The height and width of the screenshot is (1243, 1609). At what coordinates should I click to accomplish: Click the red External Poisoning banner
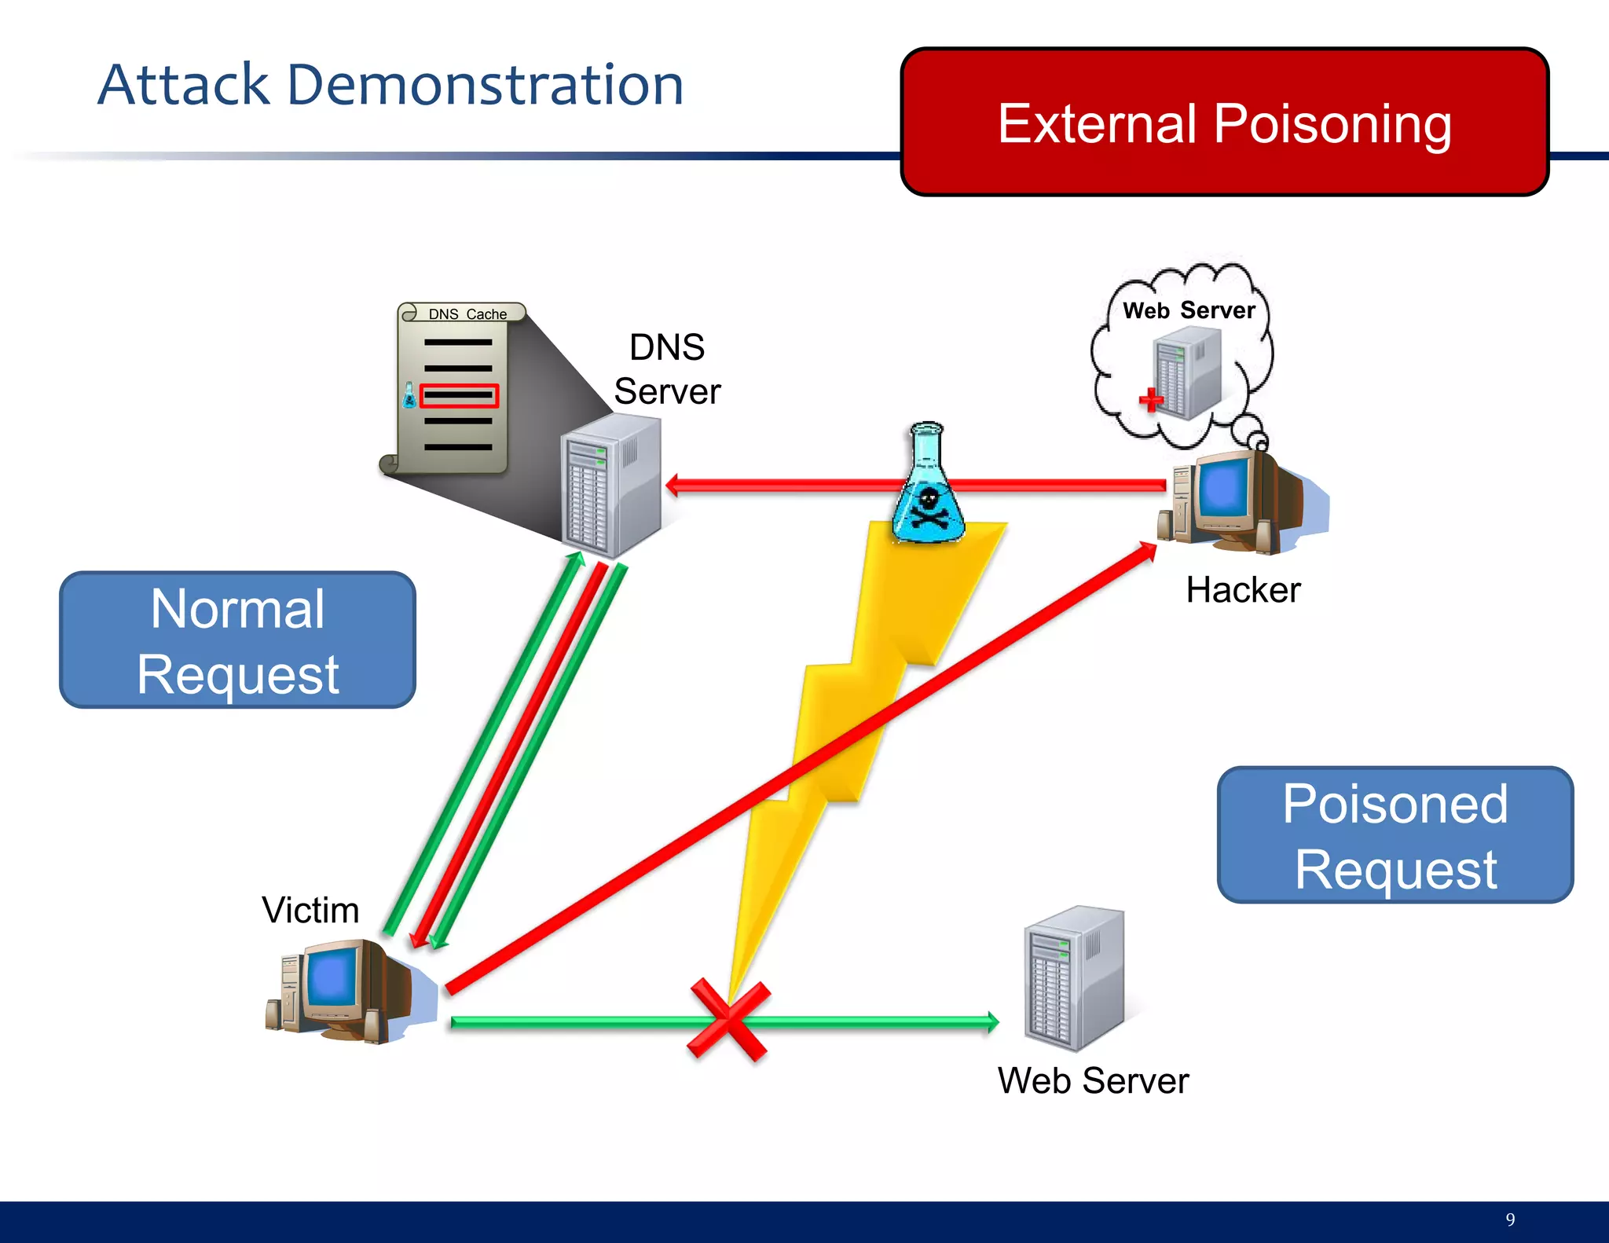pos(1224,122)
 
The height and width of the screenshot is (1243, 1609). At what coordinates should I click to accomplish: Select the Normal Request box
pos(237,640)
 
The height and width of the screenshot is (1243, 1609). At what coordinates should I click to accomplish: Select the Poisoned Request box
pos(1395,834)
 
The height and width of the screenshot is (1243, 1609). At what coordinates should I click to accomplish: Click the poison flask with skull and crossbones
pos(928,487)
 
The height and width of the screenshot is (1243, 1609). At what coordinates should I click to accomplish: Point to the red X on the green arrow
pos(728,1020)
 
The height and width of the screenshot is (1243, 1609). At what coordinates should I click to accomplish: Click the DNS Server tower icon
pos(611,485)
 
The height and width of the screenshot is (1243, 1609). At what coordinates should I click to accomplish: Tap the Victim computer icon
pos(346,992)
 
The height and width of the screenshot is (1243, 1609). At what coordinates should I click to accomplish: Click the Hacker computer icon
pos(1233,500)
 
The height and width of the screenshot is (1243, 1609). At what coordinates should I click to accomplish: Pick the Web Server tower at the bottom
pos(1074,978)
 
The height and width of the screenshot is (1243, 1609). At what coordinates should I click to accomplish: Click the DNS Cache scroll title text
pos(467,313)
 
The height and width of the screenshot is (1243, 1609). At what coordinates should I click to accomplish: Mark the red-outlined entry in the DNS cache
pos(459,395)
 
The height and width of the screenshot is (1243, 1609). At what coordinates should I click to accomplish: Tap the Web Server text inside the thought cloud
pos(1189,310)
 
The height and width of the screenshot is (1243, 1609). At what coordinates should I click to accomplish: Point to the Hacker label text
pos(1243,590)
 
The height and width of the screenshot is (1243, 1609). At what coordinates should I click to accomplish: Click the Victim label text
pos(310,911)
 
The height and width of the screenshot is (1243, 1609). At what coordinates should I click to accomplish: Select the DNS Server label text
pos(667,369)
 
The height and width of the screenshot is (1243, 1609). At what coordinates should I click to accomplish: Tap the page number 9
pos(1510,1219)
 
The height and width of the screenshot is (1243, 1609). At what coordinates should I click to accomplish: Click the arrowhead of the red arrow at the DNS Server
pos(673,485)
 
